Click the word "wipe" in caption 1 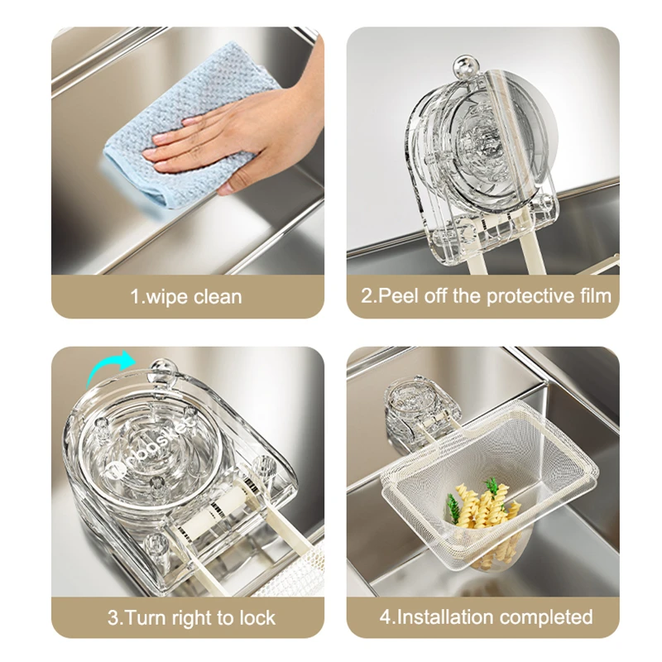166,295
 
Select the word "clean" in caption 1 217,295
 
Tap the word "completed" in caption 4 548,617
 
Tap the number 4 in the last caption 385,617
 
